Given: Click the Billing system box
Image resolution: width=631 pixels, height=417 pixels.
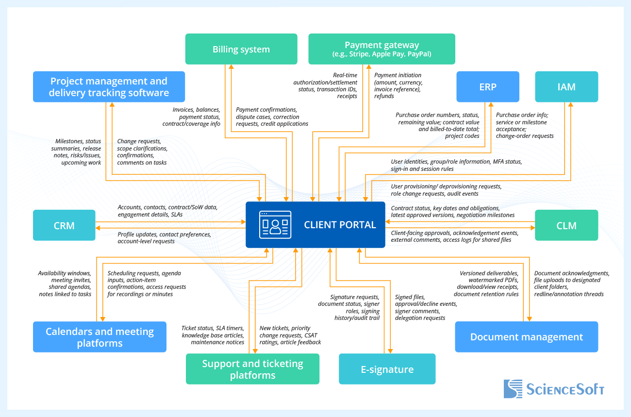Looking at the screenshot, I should click(241, 49).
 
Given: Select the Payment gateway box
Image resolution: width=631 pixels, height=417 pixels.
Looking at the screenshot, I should click(382, 49).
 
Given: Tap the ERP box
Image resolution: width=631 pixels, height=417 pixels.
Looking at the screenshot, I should click(488, 87).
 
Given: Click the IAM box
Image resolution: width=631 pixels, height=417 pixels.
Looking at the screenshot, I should click(566, 87).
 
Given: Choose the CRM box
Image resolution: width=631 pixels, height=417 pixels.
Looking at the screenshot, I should click(64, 225).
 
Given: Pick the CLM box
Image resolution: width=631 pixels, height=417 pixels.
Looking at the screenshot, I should click(566, 225).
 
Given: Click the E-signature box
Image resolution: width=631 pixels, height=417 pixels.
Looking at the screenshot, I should click(387, 369).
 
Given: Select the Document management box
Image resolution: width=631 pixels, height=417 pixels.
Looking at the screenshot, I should click(526, 337).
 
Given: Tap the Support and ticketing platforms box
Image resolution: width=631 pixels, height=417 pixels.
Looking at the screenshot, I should click(252, 369).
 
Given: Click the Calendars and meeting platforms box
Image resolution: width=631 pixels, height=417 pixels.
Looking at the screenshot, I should click(100, 337).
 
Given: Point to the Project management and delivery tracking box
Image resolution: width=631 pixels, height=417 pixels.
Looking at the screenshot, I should click(109, 87).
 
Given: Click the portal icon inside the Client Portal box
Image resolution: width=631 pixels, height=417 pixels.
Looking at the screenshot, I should click(275, 225).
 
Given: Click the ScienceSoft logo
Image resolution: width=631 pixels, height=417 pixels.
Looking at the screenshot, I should click(554, 389).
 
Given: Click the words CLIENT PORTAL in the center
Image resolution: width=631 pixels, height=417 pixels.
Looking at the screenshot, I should click(340, 225).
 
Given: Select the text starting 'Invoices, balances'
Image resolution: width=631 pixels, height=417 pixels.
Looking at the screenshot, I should click(197, 117).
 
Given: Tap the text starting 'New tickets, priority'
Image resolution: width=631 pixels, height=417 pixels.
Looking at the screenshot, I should click(290, 335).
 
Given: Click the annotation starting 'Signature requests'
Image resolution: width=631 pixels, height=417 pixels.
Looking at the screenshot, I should click(349, 307).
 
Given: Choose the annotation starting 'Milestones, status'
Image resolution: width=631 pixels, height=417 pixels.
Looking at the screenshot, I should click(76, 152).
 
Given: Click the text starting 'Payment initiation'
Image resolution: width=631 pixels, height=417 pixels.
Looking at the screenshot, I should click(398, 86).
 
